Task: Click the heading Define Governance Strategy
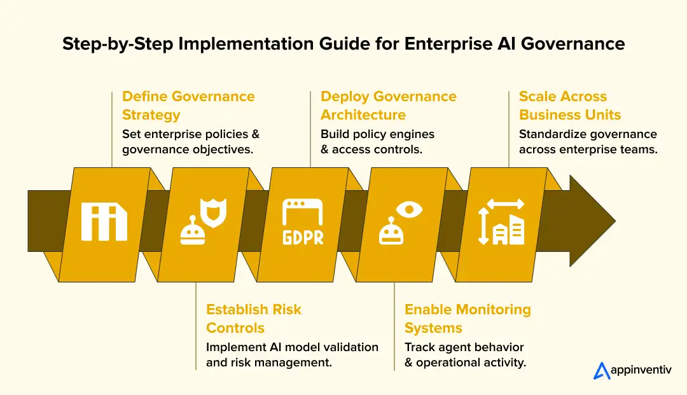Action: (188, 106)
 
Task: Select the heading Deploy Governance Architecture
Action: (388, 106)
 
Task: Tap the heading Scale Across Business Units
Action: (570, 106)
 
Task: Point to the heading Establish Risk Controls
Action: (253, 319)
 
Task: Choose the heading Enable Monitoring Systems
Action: (468, 319)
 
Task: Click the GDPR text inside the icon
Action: (303, 237)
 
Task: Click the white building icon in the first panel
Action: (104, 222)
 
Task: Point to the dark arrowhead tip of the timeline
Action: (611, 221)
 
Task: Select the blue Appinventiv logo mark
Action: (602, 371)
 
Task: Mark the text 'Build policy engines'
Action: (377, 134)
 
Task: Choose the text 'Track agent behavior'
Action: (464, 347)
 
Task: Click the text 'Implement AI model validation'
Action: (292, 347)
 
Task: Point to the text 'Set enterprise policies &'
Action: (191, 134)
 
